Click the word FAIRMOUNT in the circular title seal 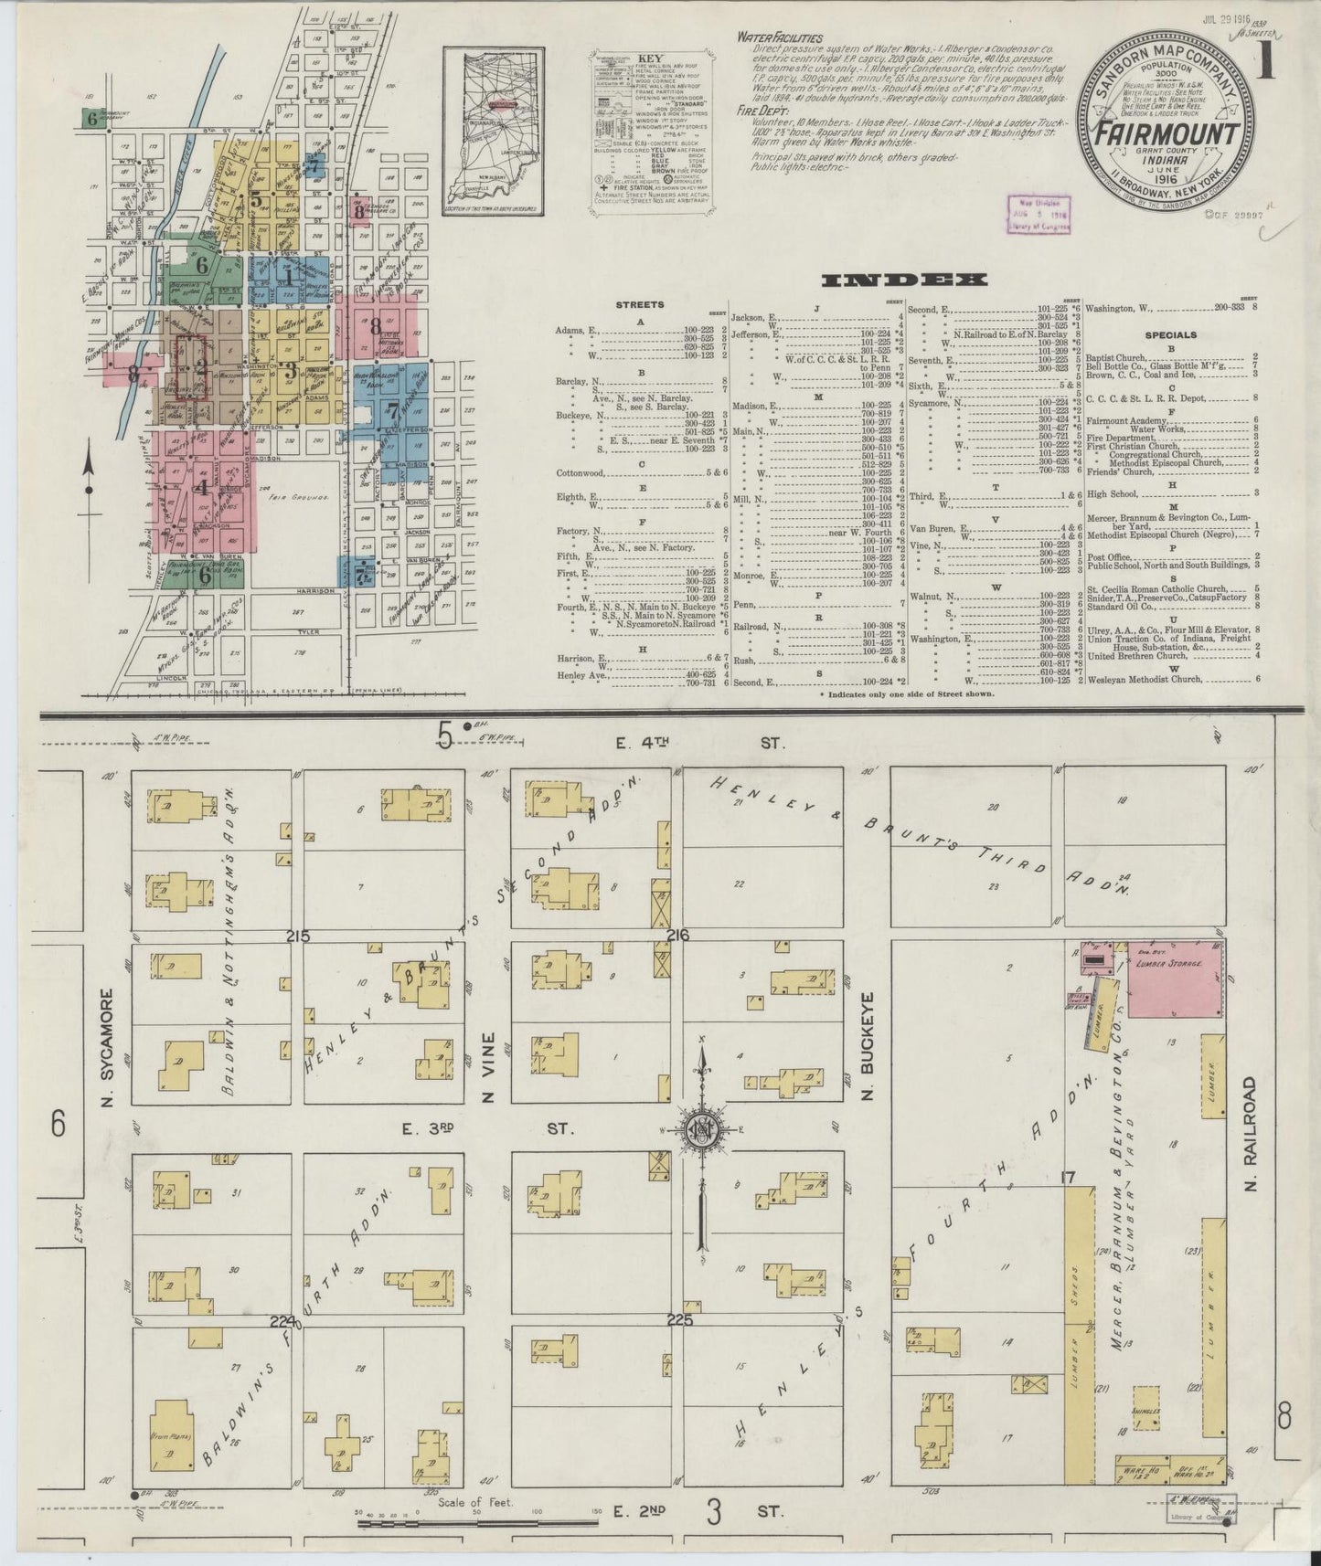coord(1161,134)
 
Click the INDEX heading coord(904,280)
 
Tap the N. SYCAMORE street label coord(108,1046)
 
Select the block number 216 coord(677,936)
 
